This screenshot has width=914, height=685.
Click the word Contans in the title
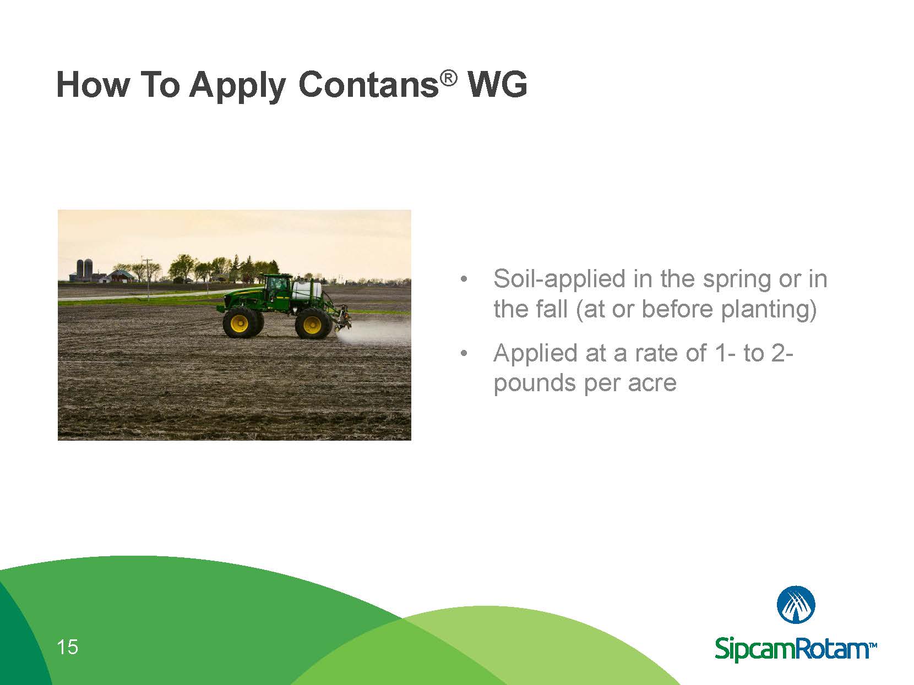click(368, 86)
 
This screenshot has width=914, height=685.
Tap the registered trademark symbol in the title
click(449, 79)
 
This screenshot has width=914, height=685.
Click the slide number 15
click(67, 647)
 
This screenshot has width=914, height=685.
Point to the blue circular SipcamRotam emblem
click(796, 605)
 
